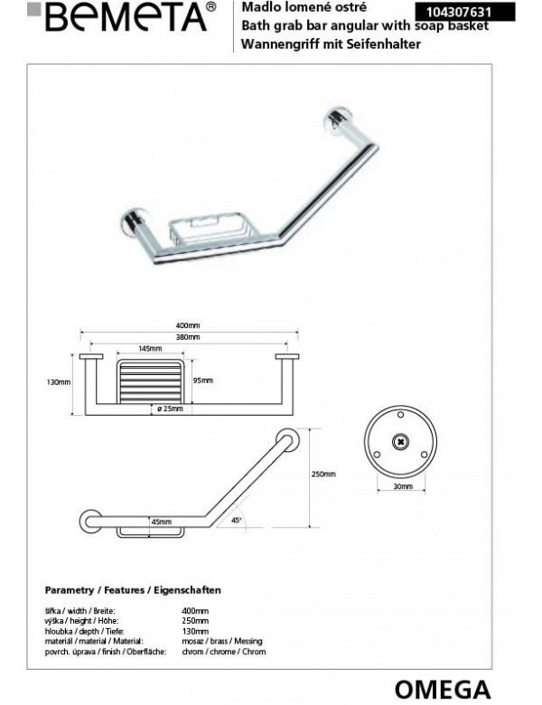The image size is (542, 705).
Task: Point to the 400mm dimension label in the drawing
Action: point(189,327)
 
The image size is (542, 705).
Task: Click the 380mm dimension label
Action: point(189,337)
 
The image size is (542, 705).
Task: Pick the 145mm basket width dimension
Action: point(151,349)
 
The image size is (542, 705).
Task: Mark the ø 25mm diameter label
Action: point(169,409)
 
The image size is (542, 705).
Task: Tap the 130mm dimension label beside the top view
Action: point(59,381)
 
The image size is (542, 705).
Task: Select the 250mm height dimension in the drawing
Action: point(324,474)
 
